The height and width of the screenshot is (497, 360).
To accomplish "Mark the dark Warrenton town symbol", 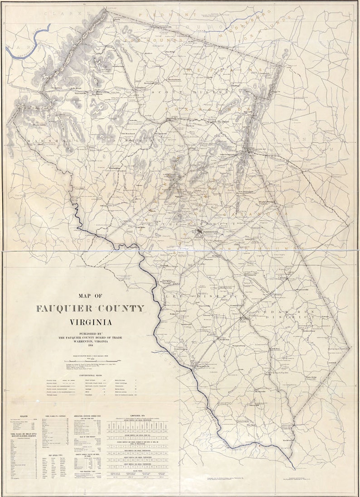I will coord(199,232).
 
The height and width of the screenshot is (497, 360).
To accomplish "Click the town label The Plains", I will coord(222,122).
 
